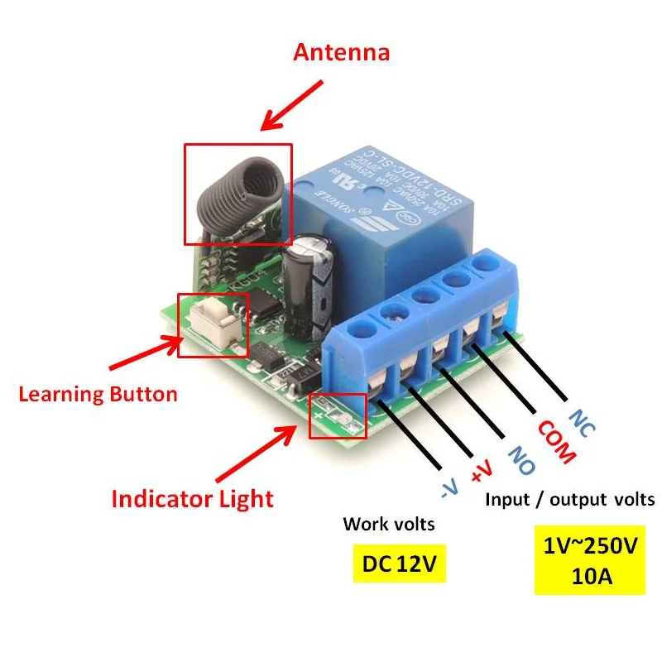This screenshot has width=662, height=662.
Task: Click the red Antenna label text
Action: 341,54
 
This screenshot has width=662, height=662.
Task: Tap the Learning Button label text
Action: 98,394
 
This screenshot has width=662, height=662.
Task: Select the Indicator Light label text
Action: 192,499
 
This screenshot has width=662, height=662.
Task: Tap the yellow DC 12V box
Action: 399,565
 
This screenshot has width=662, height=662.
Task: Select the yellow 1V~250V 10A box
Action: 590,561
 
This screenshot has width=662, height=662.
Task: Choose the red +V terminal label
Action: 482,471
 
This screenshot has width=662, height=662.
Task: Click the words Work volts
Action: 388,525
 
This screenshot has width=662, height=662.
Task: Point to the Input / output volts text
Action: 569,500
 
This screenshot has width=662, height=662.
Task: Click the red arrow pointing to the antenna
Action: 290,105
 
